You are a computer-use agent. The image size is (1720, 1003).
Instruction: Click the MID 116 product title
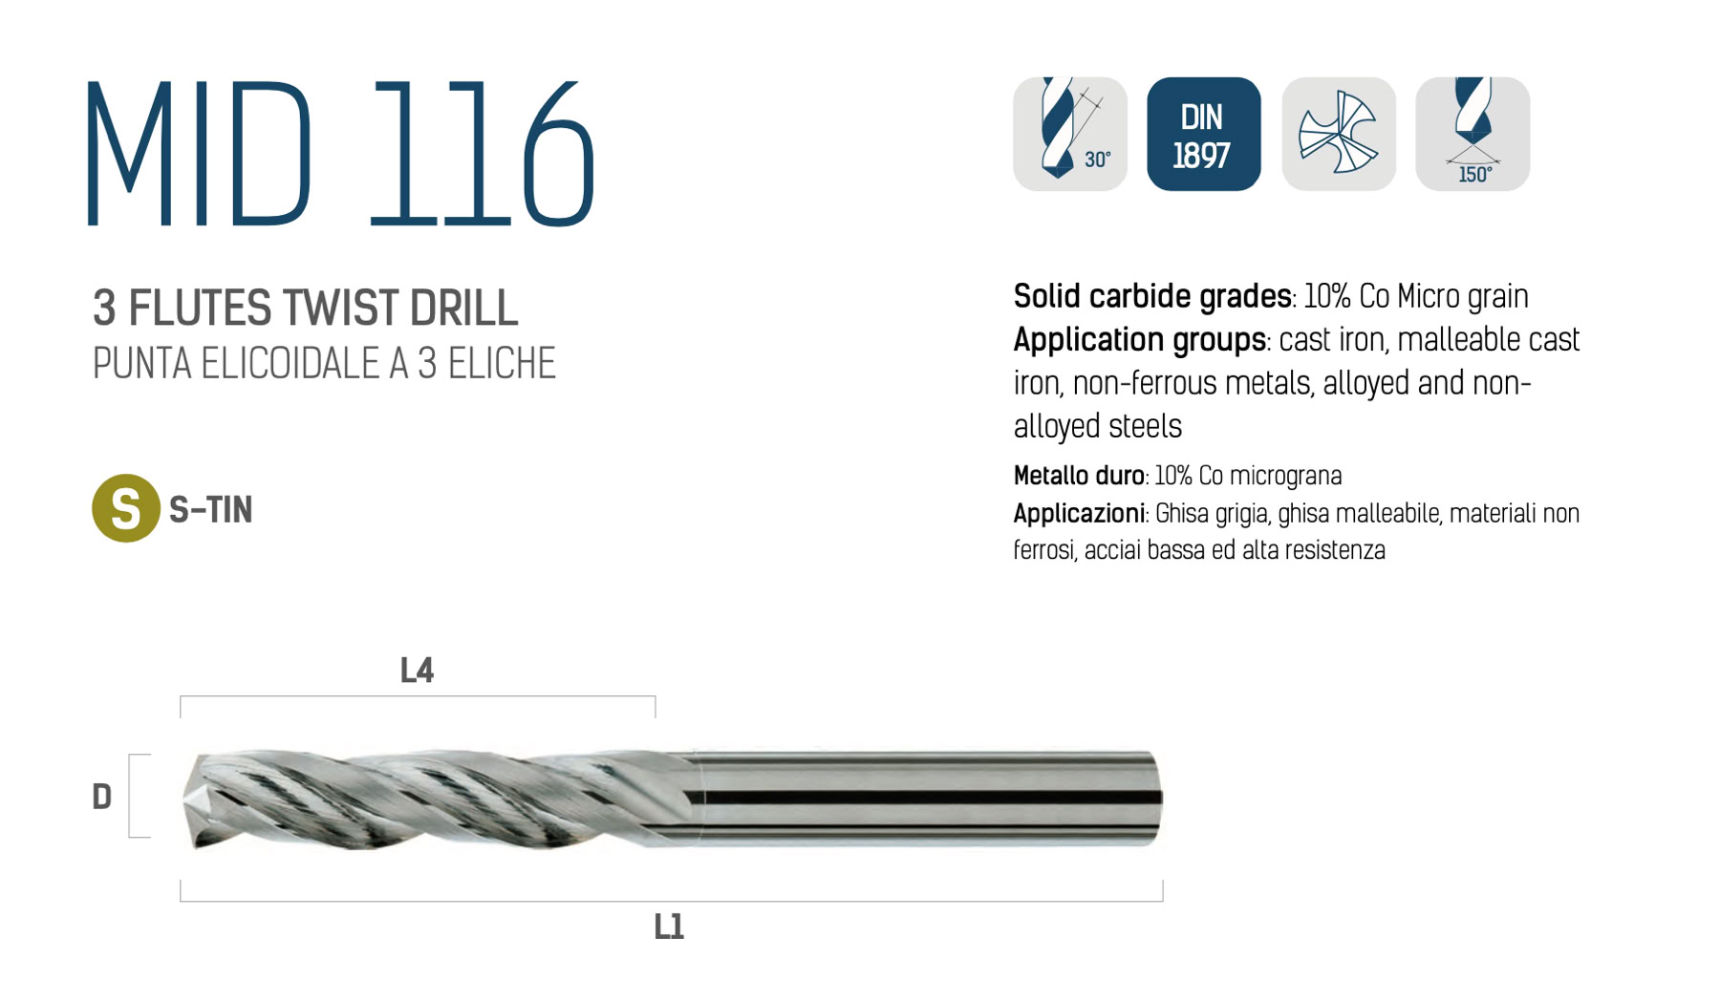tap(341, 153)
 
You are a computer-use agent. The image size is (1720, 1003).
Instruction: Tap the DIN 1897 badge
tap(1203, 134)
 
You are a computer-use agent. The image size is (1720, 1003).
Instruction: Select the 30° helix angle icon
tap(1070, 134)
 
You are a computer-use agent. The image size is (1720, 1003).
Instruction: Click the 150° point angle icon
tap(1473, 134)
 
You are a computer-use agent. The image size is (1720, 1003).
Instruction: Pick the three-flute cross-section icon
tap(1338, 134)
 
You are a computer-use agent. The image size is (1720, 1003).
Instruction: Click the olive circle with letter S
tap(125, 508)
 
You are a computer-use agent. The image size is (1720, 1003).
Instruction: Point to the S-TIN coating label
tap(210, 509)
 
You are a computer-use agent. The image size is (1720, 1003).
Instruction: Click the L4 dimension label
tap(417, 671)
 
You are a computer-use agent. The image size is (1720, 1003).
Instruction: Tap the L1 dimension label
tap(669, 927)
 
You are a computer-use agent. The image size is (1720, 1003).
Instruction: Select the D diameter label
tap(101, 797)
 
